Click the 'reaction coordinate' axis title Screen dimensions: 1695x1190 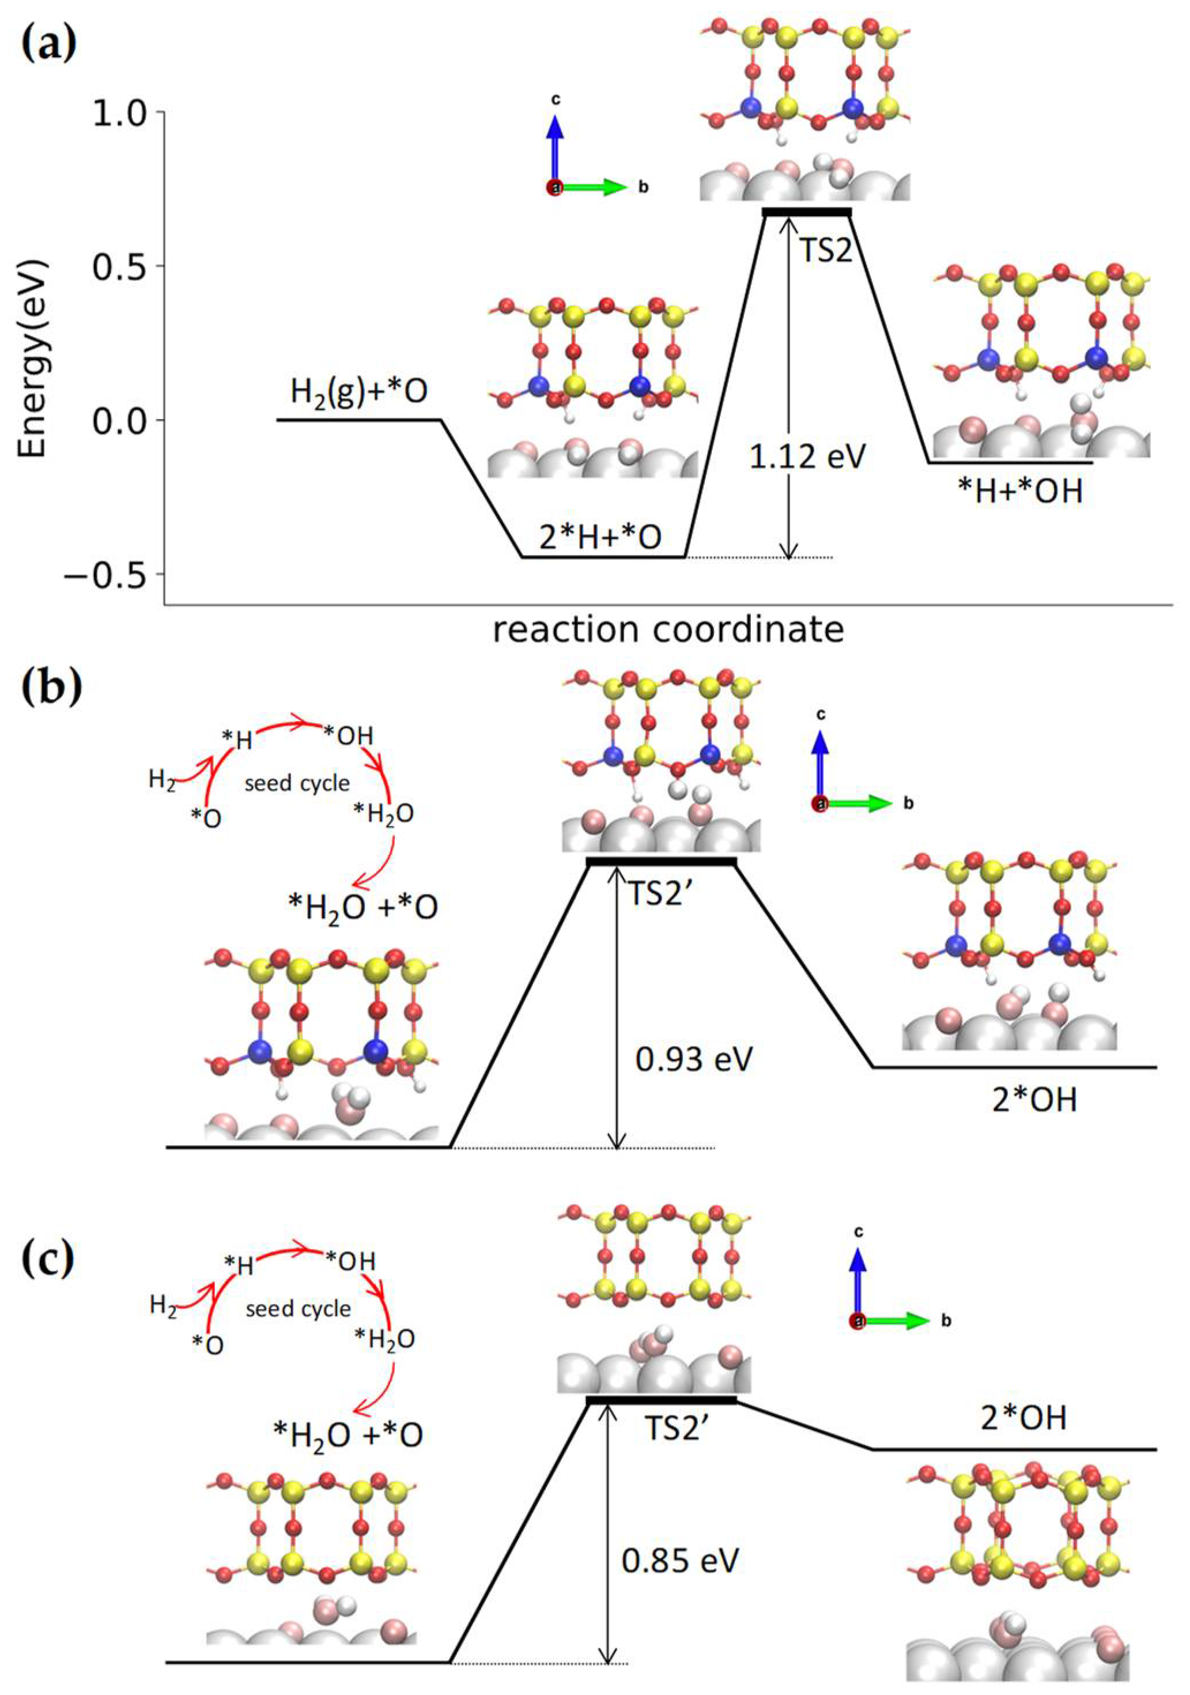pos(668,630)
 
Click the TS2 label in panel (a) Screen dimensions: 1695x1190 pos(825,251)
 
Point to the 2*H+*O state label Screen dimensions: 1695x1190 pos(599,538)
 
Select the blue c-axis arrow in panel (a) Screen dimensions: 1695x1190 pos(555,152)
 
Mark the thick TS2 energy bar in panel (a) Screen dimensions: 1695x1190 pos(807,213)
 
